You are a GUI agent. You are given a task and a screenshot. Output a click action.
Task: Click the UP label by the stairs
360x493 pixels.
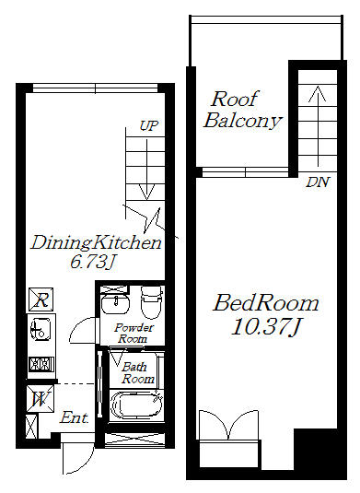click(x=148, y=126)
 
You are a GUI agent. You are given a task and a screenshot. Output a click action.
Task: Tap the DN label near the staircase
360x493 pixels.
click(x=318, y=182)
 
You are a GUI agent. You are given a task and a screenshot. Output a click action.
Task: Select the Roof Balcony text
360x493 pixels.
click(x=242, y=110)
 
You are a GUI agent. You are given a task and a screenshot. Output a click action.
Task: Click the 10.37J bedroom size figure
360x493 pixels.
click(x=266, y=327)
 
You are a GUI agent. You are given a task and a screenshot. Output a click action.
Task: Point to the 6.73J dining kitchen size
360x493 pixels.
click(x=91, y=262)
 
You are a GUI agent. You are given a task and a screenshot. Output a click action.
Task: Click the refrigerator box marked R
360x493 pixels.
click(x=41, y=299)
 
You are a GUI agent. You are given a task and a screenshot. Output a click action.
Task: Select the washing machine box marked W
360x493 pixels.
click(x=41, y=399)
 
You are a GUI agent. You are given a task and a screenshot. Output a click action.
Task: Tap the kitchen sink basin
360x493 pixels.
click(x=40, y=329)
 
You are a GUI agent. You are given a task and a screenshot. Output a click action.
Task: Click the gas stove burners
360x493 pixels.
click(x=41, y=364)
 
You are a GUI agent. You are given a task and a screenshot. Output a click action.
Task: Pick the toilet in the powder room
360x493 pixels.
click(x=152, y=302)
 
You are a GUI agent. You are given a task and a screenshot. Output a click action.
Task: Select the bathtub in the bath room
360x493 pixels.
click(x=136, y=404)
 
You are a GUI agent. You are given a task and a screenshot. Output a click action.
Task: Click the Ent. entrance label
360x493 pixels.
click(x=75, y=417)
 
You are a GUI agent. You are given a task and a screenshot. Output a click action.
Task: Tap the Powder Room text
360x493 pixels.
click(x=134, y=333)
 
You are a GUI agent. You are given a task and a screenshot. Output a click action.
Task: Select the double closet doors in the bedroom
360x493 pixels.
click(x=228, y=425)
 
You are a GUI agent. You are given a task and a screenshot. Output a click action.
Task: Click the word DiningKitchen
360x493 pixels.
click(x=96, y=243)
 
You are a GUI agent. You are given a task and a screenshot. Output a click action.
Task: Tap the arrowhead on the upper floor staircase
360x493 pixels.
click(x=318, y=94)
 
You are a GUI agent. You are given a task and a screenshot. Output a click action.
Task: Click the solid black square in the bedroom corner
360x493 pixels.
click(x=315, y=450)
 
